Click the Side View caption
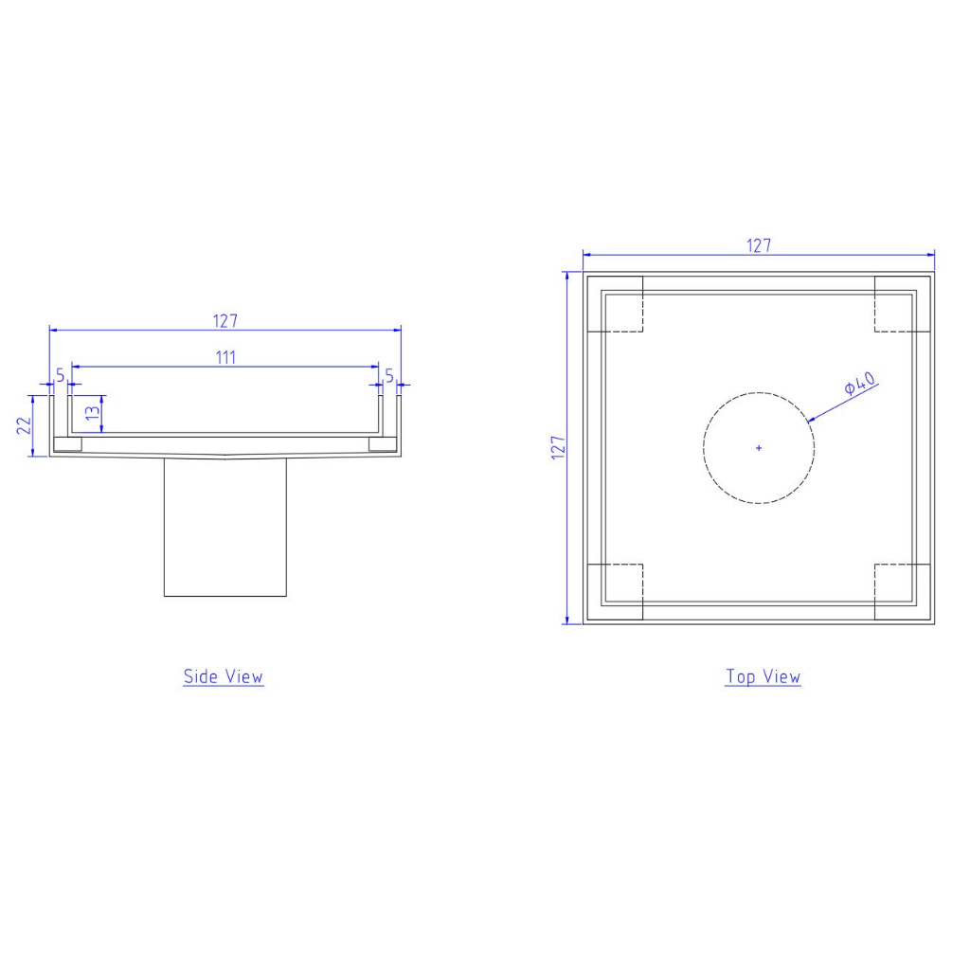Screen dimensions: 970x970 (x=224, y=676)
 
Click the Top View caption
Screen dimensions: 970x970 (x=763, y=676)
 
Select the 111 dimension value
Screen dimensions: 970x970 (x=225, y=357)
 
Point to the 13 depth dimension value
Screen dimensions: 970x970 (x=91, y=414)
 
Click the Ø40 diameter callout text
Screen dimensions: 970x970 (x=860, y=384)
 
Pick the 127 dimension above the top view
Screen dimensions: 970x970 (x=759, y=245)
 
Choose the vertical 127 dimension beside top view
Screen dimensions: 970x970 (x=558, y=447)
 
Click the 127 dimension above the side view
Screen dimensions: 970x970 (x=225, y=320)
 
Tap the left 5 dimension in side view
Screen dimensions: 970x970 (x=61, y=376)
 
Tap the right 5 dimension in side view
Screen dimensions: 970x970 (x=388, y=376)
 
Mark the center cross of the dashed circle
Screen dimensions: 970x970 (x=759, y=447)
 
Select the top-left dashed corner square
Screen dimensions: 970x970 (x=616, y=304)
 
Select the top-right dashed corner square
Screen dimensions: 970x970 (x=902, y=304)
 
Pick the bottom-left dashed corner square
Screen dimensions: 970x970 (x=616, y=592)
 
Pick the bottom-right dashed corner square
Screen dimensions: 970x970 (x=902, y=592)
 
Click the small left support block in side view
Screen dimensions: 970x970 (x=67, y=443)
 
